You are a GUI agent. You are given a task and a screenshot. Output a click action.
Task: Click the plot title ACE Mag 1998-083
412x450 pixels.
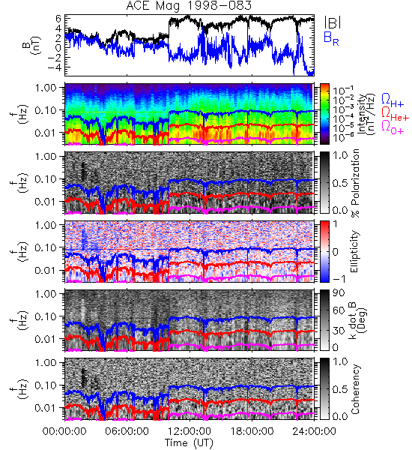click(189, 6)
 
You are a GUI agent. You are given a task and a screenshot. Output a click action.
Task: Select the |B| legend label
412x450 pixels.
click(333, 22)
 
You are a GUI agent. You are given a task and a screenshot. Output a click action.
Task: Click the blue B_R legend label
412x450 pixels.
click(331, 38)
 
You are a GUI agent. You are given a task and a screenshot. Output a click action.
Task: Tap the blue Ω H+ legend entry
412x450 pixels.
click(393, 100)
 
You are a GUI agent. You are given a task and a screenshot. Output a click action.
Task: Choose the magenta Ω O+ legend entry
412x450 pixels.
click(393, 127)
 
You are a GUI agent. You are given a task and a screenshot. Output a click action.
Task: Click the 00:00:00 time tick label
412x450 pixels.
click(64, 431)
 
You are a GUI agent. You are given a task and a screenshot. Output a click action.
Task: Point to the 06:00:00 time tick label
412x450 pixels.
click(127, 431)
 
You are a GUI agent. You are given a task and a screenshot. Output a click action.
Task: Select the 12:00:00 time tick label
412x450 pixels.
click(190, 431)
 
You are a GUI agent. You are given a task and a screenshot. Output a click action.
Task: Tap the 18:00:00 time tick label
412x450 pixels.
click(252, 431)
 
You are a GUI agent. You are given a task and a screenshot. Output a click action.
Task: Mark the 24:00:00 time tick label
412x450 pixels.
click(314, 431)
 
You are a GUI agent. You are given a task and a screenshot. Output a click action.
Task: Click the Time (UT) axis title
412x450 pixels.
click(189, 442)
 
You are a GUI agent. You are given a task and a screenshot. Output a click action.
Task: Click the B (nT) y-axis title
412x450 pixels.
click(33, 45)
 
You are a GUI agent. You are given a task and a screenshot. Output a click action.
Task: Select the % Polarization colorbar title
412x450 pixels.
click(355, 183)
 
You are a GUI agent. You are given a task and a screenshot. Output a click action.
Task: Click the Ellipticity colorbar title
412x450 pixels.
click(354, 252)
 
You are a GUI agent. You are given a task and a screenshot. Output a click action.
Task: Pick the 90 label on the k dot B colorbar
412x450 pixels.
click(339, 293)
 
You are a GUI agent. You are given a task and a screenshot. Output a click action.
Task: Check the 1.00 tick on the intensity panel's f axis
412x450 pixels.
click(46, 88)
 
